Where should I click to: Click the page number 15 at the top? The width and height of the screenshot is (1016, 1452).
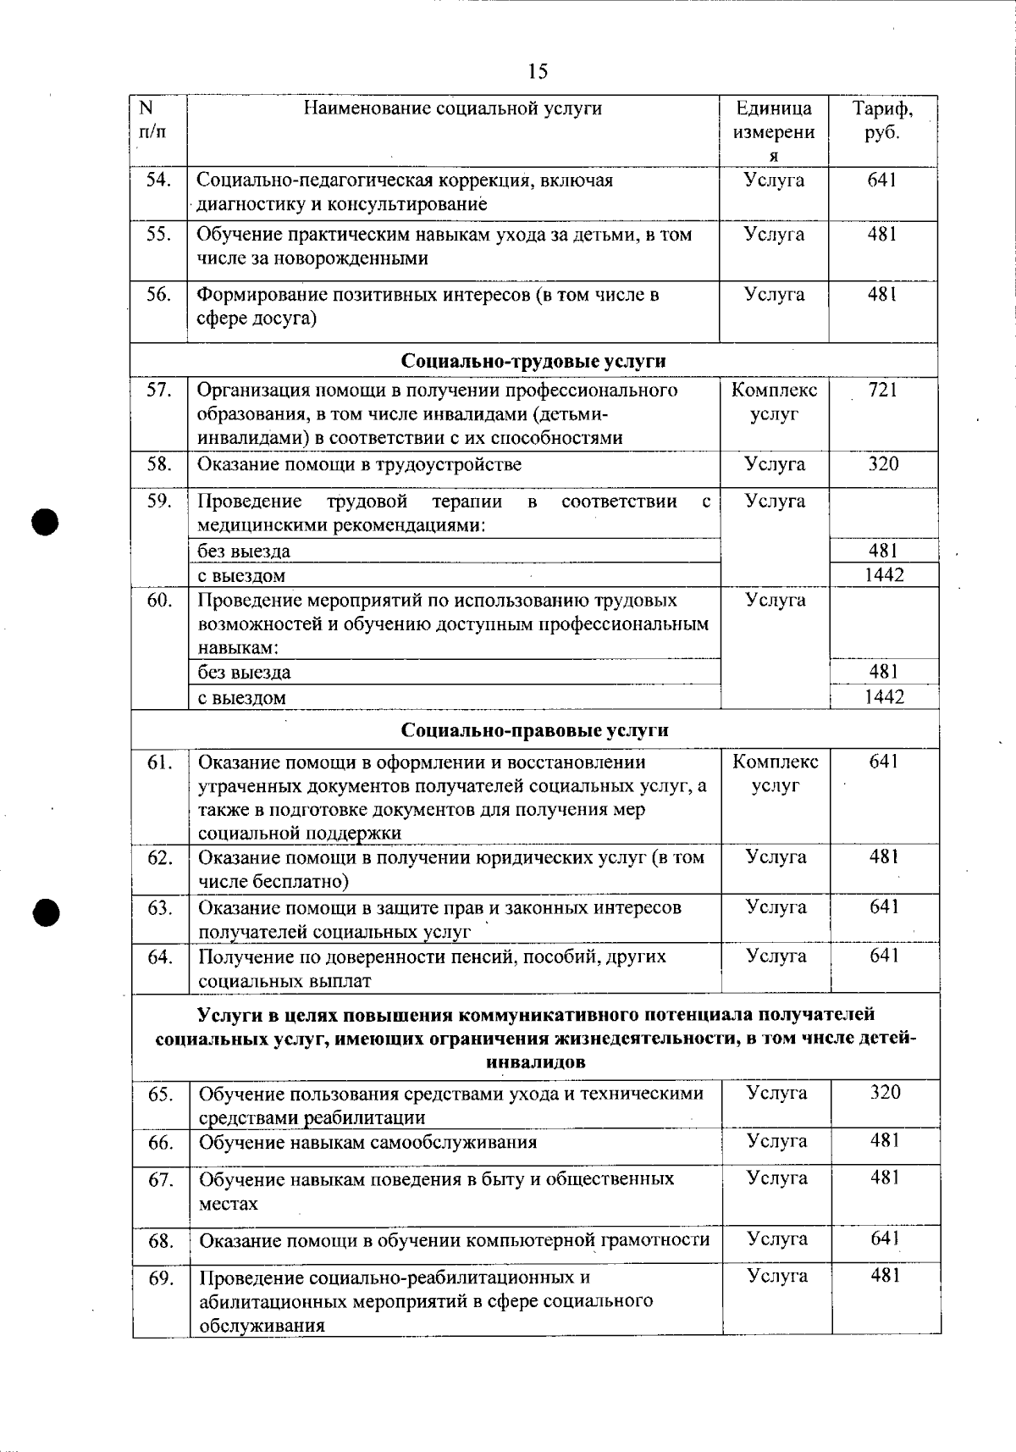click(x=538, y=71)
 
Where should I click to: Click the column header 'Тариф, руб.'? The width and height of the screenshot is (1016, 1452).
click(x=882, y=120)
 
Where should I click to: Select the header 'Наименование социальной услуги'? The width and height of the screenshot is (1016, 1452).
click(x=453, y=108)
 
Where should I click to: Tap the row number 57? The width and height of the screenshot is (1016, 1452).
click(x=159, y=391)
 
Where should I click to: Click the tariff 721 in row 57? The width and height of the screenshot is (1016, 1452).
click(x=882, y=391)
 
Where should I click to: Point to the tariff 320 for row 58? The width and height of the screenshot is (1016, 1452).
click(x=883, y=464)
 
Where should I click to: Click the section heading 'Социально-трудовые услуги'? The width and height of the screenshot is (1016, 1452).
click(x=533, y=361)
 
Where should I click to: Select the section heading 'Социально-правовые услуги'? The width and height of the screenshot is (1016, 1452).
click(x=534, y=730)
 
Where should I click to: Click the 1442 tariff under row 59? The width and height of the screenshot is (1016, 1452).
click(x=884, y=575)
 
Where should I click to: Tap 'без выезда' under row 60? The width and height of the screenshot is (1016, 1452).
click(x=244, y=673)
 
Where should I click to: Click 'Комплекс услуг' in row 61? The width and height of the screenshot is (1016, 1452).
click(x=775, y=773)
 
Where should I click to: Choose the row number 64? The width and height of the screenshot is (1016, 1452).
click(x=160, y=957)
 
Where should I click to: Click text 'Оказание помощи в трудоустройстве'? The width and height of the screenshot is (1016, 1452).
click(x=360, y=464)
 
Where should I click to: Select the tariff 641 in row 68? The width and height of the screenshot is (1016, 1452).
click(x=885, y=1239)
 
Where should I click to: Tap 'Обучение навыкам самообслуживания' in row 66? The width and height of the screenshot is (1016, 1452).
click(x=367, y=1142)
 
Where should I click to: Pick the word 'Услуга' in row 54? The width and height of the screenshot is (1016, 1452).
click(x=774, y=180)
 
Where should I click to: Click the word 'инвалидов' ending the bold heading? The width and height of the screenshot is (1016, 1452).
click(x=536, y=1062)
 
